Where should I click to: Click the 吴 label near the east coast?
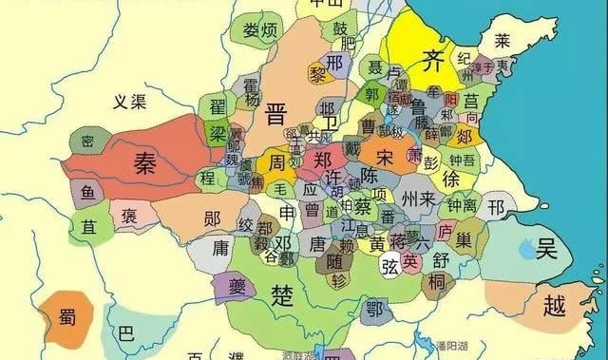(x=546, y=250)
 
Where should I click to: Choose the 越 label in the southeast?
(x=555, y=305)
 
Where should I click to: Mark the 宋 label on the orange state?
(x=385, y=156)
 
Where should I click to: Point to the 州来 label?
(x=419, y=199)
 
